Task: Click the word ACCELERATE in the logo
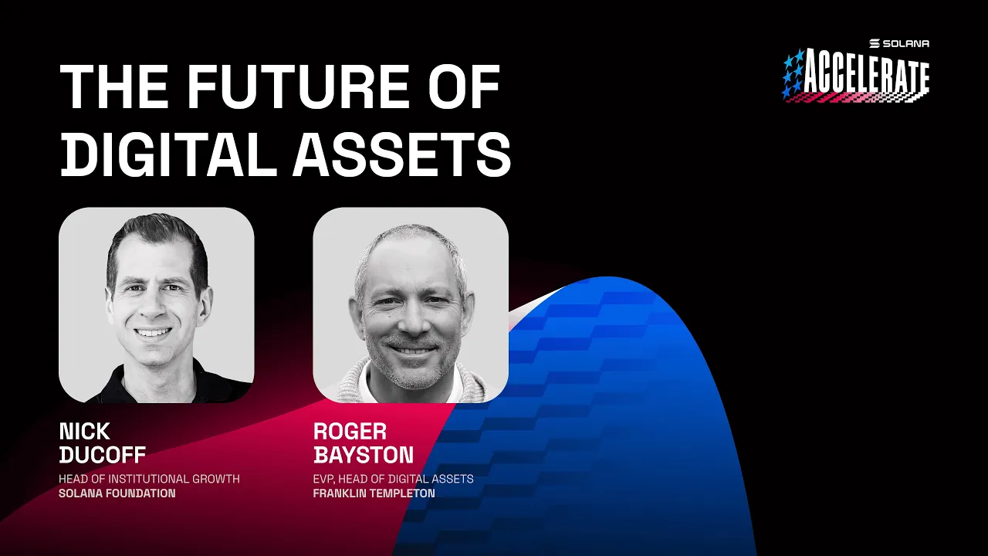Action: pos(866,76)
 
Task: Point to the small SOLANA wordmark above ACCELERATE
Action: pos(900,43)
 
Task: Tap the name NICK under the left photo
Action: pos(84,431)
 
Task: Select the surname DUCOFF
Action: pos(103,454)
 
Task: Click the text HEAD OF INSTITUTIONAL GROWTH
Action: pos(149,479)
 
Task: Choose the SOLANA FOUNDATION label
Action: pos(117,493)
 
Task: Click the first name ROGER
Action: pos(350,431)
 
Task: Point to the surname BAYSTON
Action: pos(364,454)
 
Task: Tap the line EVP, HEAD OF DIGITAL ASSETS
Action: pos(393,479)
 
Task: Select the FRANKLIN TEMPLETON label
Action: pos(374,493)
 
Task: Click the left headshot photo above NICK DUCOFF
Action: pos(157,304)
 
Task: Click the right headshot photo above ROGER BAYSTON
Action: pos(411,304)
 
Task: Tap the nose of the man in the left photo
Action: pos(153,307)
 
